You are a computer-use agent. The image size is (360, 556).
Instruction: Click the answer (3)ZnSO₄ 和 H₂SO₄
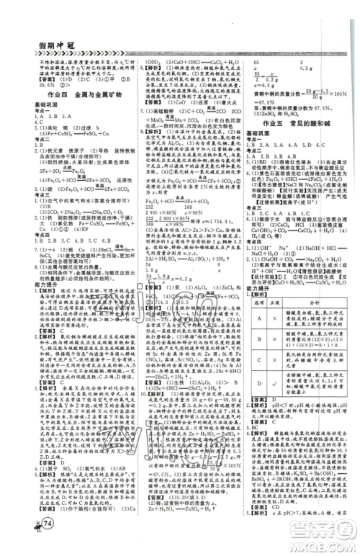[x=271, y=114]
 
